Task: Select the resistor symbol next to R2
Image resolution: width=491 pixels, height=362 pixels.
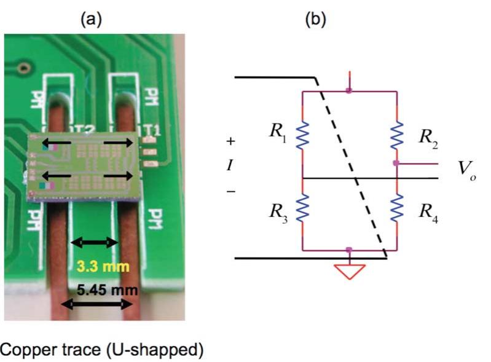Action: coord(396,134)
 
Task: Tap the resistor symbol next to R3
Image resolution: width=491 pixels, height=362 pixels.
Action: coord(302,210)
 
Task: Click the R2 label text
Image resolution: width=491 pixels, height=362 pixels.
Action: coord(428,136)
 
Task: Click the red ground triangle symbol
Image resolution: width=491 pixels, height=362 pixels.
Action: coord(350,271)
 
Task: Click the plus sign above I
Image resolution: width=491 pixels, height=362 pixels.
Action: coord(231,141)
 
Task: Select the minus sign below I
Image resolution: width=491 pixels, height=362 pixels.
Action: coord(231,191)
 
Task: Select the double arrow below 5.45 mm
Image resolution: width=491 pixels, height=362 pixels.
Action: coord(98,303)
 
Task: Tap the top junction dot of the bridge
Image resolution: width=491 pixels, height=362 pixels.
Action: coord(349,92)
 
